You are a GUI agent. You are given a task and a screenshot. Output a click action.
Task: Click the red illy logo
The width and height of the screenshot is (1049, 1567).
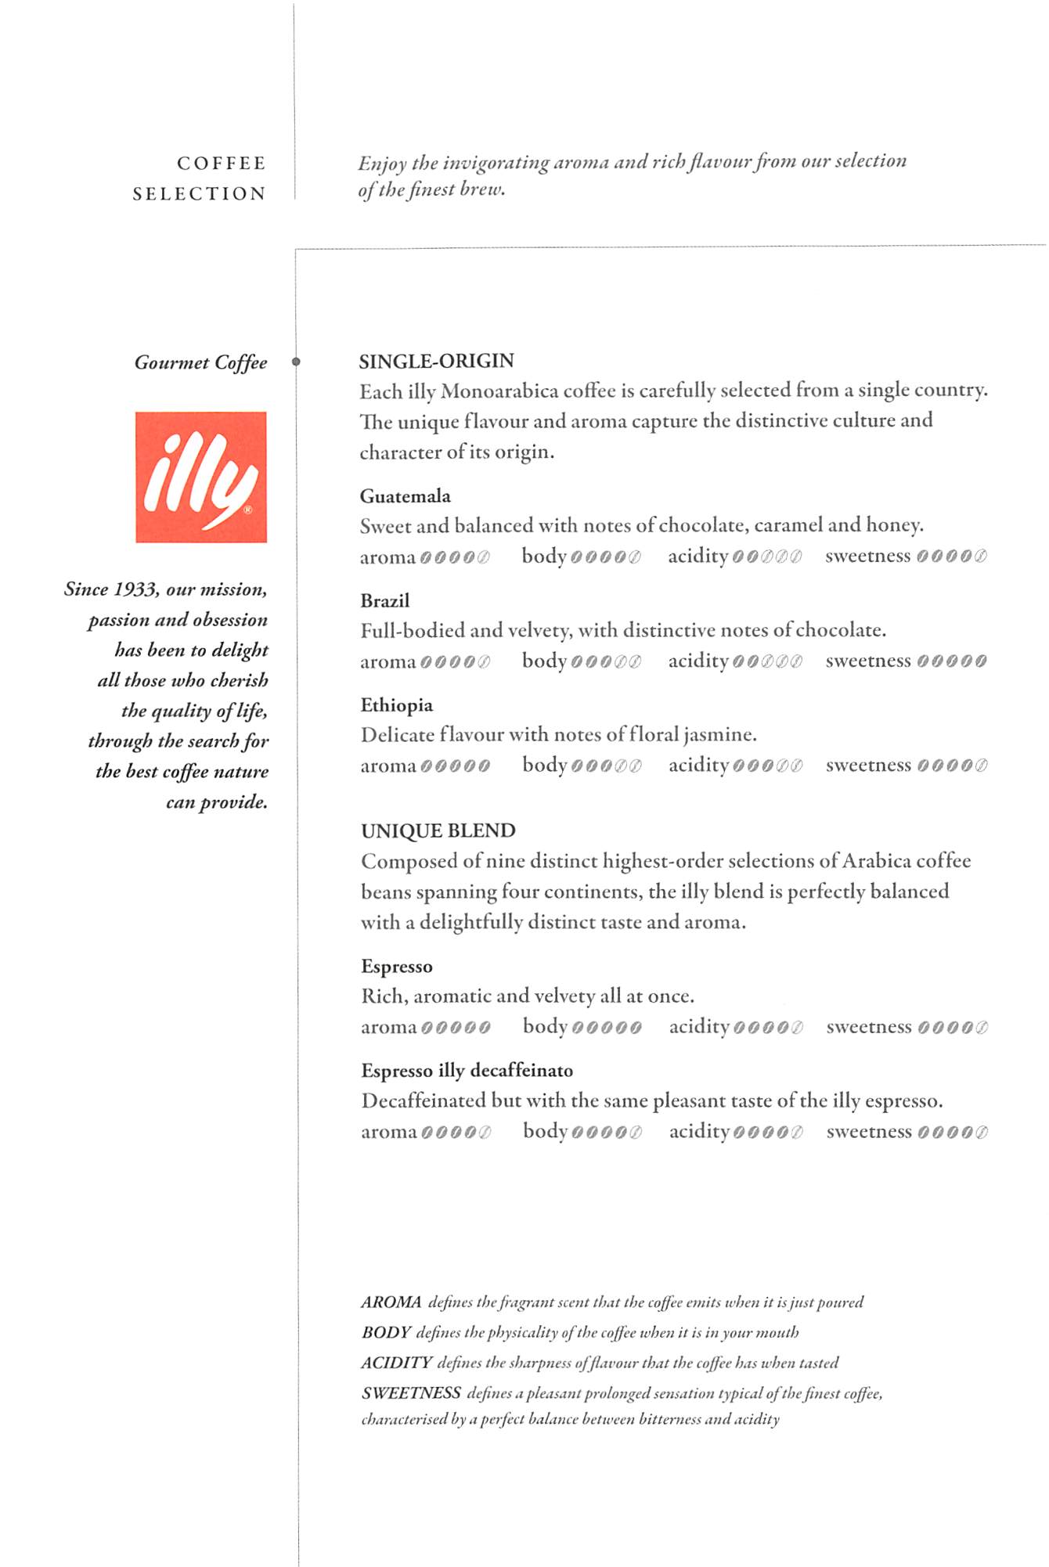(x=201, y=477)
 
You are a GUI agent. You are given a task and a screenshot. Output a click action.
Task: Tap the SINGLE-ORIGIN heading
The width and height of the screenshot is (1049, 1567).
(x=436, y=361)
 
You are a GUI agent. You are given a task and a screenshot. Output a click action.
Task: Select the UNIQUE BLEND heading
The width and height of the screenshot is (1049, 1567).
(x=438, y=830)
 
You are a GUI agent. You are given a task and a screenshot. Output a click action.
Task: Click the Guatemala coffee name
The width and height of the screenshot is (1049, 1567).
(x=405, y=496)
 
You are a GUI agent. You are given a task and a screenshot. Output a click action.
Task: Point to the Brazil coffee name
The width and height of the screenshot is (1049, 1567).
(x=384, y=601)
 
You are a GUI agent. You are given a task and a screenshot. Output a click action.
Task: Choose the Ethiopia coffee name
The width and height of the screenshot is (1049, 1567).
(x=396, y=705)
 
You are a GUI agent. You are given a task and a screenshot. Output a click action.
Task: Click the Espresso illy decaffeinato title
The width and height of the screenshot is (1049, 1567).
(x=467, y=1071)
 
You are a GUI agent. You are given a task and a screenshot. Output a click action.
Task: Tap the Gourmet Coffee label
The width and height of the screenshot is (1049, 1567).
(x=200, y=362)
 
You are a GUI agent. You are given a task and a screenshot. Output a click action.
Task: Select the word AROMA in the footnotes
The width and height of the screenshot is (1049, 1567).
(x=391, y=1302)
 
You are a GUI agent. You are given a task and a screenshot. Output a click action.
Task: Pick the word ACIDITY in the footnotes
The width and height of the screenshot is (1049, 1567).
(x=396, y=1363)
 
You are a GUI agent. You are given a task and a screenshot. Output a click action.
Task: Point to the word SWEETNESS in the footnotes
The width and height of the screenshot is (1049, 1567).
(x=411, y=1393)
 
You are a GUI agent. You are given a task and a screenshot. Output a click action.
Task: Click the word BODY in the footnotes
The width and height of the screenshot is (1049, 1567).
(x=386, y=1332)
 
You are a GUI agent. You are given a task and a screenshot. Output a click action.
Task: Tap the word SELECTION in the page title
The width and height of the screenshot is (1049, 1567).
(x=199, y=194)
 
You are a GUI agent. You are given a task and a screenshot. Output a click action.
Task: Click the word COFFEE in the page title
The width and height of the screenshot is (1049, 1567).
(x=222, y=164)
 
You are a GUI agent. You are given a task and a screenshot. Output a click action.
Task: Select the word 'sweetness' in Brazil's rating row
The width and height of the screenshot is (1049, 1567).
(x=868, y=661)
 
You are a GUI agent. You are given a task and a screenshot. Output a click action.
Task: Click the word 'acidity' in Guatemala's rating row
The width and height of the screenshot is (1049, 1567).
(x=698, y=557)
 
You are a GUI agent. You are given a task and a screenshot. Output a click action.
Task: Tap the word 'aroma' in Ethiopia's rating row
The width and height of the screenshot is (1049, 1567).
(x=388, y=766)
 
